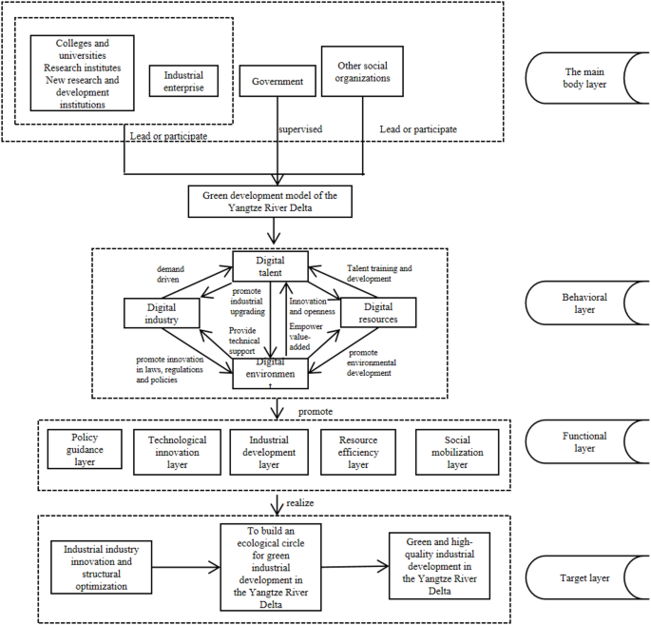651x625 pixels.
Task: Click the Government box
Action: (x=277, y=83)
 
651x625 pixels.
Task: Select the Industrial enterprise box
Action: (x=184, y=82)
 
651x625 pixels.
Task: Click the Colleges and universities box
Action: (x=81, y=73)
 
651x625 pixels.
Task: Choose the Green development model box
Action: (x=270, y=201)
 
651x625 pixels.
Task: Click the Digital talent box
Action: (x=270, y=265)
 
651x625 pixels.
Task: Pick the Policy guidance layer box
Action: (x=85, y=449)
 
